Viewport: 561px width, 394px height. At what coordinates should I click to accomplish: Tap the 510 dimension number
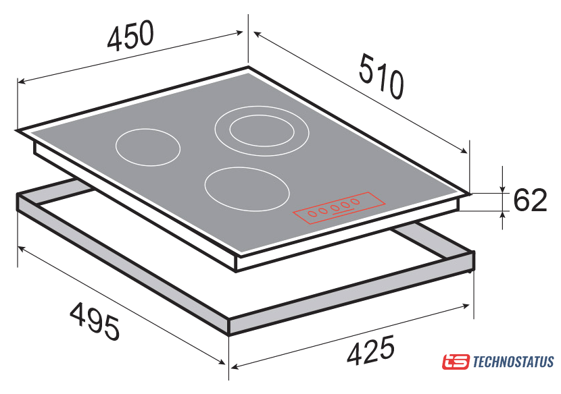tap(381, 76)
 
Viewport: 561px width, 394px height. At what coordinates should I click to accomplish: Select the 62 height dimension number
tap(530, 200)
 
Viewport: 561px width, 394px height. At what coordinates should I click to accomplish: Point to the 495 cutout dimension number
tap(95, 320)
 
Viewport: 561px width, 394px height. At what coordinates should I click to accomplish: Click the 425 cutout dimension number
tap(370, 350)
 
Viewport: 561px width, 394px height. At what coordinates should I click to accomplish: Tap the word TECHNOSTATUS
tap(514, 362)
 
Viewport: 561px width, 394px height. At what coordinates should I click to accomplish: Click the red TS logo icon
tap(456, 362)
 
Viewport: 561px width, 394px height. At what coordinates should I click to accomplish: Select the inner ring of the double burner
tap(262, 130)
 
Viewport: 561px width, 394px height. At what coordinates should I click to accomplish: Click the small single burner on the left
tap(148, 147)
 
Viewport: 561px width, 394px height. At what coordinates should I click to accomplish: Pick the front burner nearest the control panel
tap(247, 189)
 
